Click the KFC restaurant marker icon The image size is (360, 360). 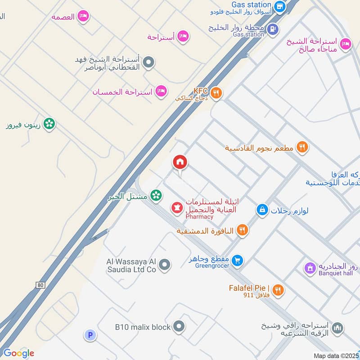216,93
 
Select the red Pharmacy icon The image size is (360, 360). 176,208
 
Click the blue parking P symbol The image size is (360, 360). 90,335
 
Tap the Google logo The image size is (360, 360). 18,353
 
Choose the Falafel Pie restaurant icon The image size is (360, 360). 278,290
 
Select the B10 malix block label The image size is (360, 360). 143,327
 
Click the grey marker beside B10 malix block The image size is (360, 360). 179,326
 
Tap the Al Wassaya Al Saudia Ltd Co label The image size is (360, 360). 130,265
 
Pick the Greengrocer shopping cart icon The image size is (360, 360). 238,260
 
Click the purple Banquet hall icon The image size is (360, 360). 310,269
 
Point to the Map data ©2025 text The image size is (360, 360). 336,355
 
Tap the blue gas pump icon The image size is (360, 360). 272,29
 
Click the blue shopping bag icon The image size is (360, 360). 262,209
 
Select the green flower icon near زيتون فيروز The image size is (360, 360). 49,124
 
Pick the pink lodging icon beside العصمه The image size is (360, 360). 83,17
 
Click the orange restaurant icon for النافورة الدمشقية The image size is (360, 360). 242,230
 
